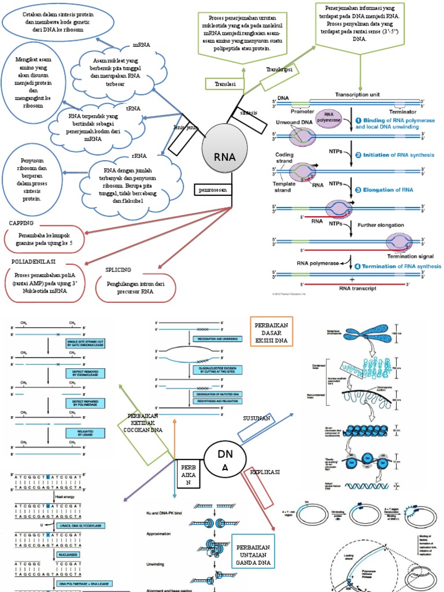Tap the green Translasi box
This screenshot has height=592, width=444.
[224, 84]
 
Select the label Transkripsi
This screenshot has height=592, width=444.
[279, 69]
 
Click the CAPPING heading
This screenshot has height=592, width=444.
[21, 223]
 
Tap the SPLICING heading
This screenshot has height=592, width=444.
[119, 269]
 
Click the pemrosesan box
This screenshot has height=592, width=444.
[213, 188]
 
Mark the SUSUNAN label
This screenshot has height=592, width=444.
[257, 427]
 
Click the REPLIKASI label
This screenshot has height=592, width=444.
[265, 472]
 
